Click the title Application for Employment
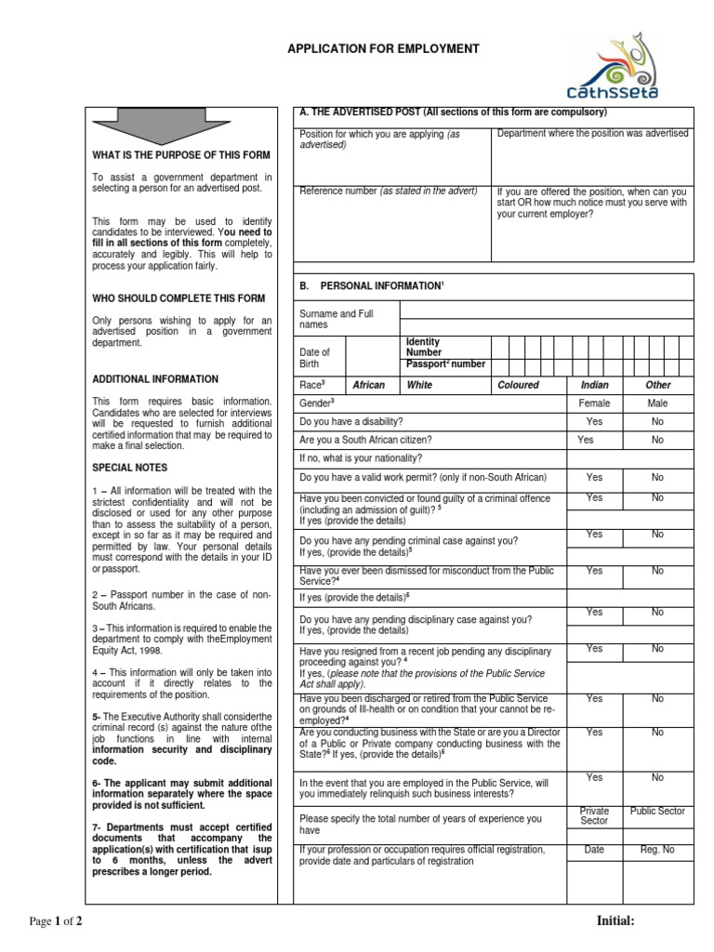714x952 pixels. [383, 48]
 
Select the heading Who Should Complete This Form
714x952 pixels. [178, 298]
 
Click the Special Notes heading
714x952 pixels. [129, 468]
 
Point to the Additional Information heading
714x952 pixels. [155, 379]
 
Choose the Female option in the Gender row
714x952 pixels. [594, 403]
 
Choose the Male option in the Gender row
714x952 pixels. [657, 403]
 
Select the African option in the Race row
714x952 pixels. [369, 385]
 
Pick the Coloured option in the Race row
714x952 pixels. [518, 385]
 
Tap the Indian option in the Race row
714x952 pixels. [594, 385]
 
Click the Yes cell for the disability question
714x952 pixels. [594, 421]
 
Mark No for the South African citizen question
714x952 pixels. [657, 440]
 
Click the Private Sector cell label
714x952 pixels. [594, 816]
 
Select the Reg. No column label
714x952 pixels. [657, 850]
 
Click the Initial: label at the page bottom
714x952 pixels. [615, 920]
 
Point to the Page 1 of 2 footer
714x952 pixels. [57, 921]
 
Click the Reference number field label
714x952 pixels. [388, 192]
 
